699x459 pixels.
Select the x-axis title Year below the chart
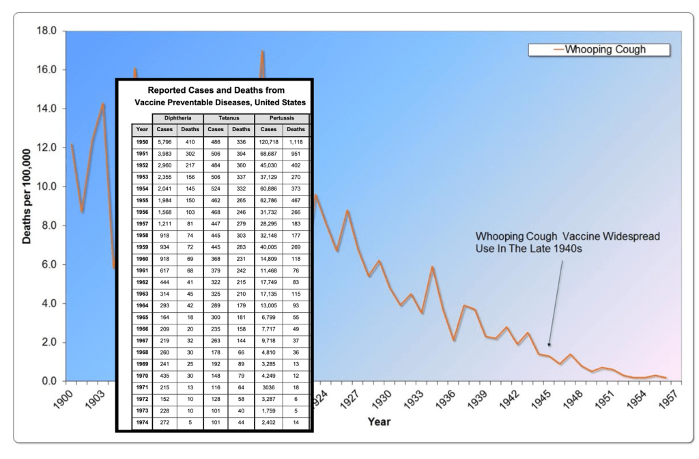coord(379,421)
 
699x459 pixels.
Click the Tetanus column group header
coord(228,118)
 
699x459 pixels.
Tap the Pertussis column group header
coord(281,118)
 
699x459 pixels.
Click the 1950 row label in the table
coord(142,142)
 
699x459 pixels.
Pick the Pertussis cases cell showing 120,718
coord(268,142)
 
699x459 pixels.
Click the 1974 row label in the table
coord(142,423)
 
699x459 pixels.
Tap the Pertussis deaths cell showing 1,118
coord(296,142)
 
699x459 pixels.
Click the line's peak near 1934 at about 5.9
coord(432,267)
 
